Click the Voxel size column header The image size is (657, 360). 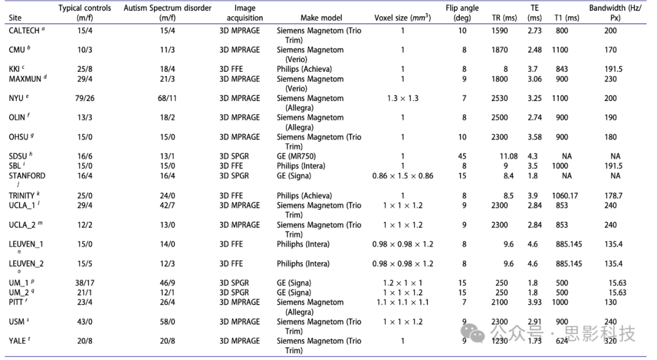(402, 18)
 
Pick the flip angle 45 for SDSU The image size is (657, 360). (462, 156)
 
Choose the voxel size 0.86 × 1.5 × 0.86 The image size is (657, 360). (401, 176)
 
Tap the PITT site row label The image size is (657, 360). (19, 302)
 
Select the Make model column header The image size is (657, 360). (321, 18)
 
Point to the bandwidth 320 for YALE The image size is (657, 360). (610, 341)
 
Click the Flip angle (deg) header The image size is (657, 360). (462, 13)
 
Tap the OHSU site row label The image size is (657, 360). (20, 137)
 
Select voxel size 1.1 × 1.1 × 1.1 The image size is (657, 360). (401, 302)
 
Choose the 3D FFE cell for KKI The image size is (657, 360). (231, 69)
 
